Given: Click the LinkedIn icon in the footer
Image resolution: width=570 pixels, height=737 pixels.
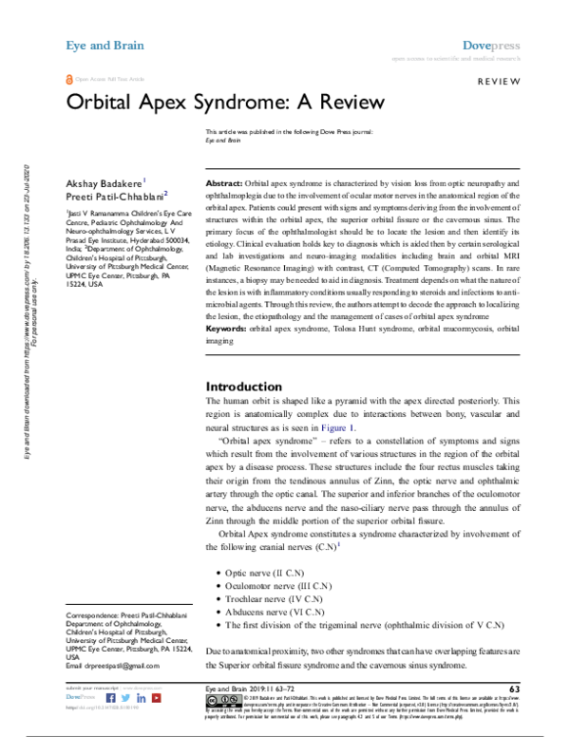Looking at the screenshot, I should pyautogui.click(x=139, y=698).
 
